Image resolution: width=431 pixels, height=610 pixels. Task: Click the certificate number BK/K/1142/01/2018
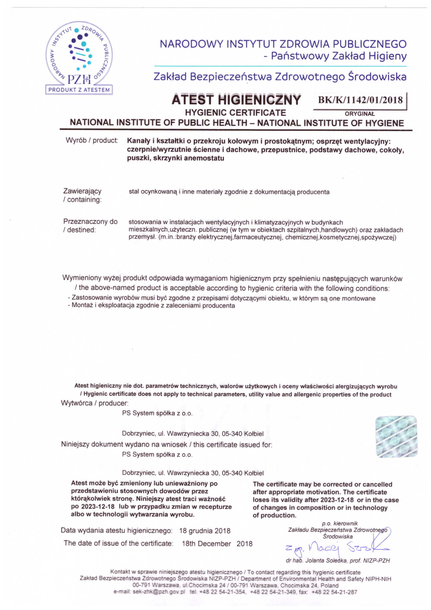coord(360,100)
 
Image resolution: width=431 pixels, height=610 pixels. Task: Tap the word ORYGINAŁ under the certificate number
coord(360,114)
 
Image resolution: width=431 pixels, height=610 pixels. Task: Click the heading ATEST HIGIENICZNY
coord(236,100)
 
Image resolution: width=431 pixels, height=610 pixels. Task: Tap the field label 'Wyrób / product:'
coord(92,141)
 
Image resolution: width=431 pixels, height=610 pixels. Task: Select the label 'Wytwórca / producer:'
coord(95,403)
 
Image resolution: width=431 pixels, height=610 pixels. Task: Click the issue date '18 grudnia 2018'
coord(205,531)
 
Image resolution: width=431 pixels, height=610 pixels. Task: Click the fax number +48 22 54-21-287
coord(334,592)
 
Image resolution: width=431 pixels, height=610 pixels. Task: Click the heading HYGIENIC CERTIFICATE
coord(235,113)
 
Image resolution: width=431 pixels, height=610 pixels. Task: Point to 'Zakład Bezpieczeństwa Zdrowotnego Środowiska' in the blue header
coord(280,77)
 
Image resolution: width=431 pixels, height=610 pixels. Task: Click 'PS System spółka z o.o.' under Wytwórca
coord(157,413)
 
